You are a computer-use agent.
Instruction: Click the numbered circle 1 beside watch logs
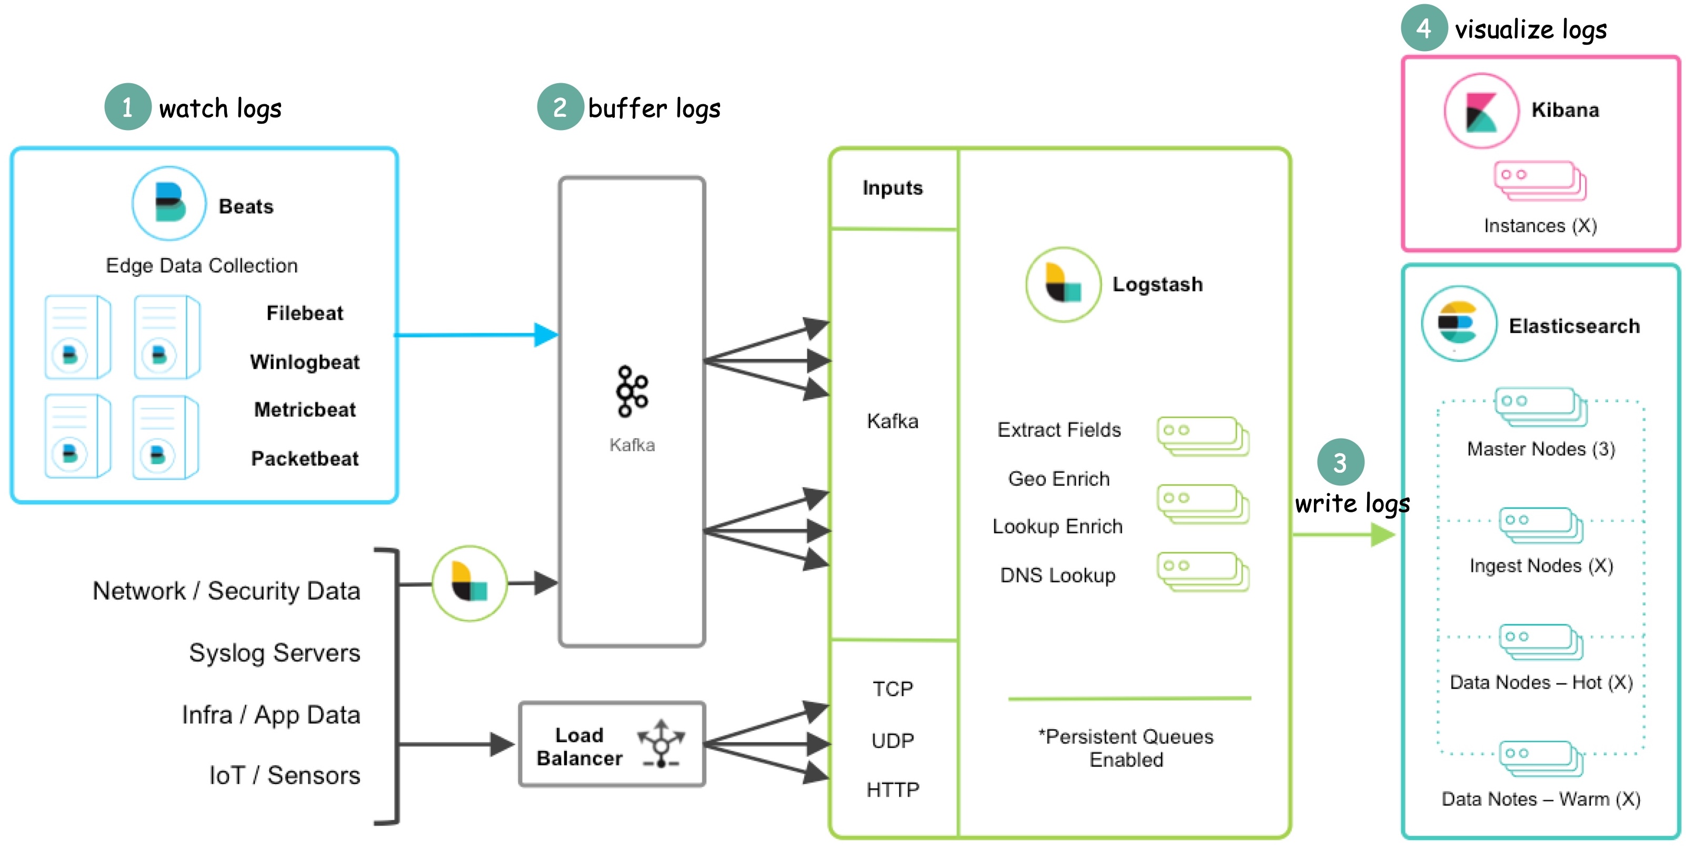coord(127,107)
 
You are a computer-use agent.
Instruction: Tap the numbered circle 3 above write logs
coord(1340,462)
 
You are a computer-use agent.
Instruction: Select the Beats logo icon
coord(169,203)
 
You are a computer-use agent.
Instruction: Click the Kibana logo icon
coord(1481,111)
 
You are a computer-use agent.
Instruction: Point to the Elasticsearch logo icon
coord(1459,323)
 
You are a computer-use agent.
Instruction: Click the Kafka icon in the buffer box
coord(632,392)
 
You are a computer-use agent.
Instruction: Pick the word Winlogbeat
coord(305,362)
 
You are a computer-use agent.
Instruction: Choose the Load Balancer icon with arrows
coord(661,744)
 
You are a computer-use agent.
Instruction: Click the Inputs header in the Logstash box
coord(892,188)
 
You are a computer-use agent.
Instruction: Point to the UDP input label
coord(892,741)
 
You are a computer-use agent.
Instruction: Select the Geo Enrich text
coord(1059,479)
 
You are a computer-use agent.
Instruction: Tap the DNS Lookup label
coord(1058,575)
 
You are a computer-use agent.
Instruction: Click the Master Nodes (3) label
coord(1540,449)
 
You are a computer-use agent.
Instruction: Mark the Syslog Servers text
coord(274,652)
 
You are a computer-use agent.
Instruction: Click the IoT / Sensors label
coord(284,775)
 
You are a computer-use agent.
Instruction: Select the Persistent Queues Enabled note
coord(1126,748)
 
